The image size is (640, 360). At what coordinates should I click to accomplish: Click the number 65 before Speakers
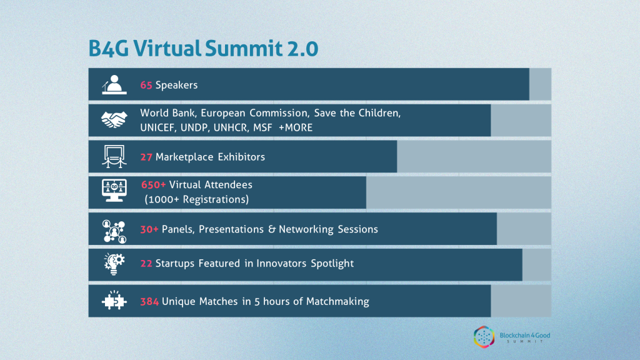(146, 85)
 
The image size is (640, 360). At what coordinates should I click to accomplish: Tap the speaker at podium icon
(114, 84)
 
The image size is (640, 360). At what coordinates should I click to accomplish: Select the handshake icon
(114, 120)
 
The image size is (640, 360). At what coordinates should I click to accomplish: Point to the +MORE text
(296, 127)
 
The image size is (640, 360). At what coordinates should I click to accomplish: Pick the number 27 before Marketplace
(146, 157)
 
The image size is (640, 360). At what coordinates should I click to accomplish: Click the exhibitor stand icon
(114, 156)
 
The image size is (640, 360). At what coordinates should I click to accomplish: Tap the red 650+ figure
(154, 184)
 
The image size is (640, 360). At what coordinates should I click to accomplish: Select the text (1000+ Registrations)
(197, 199)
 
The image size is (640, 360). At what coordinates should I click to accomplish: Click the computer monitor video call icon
(114, 190)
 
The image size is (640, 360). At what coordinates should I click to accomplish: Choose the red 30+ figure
(149, 229)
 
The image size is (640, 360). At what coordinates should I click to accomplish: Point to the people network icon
(114, 231)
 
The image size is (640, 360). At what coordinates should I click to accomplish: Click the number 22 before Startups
(146, 263)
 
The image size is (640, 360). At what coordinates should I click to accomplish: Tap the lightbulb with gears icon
(114, 264)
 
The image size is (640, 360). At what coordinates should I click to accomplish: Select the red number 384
(149, 302)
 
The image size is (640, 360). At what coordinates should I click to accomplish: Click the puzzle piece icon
(114, 301)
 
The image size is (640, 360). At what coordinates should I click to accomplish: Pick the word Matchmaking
(337, 302)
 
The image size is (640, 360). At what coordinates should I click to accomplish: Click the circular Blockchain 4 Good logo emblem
(484, 337)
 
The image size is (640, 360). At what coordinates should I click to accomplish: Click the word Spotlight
(332, 264)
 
